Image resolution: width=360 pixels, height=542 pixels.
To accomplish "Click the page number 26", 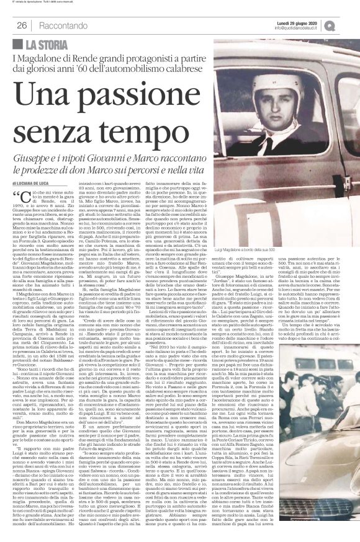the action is pyautogui.click(x=22, y=25).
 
